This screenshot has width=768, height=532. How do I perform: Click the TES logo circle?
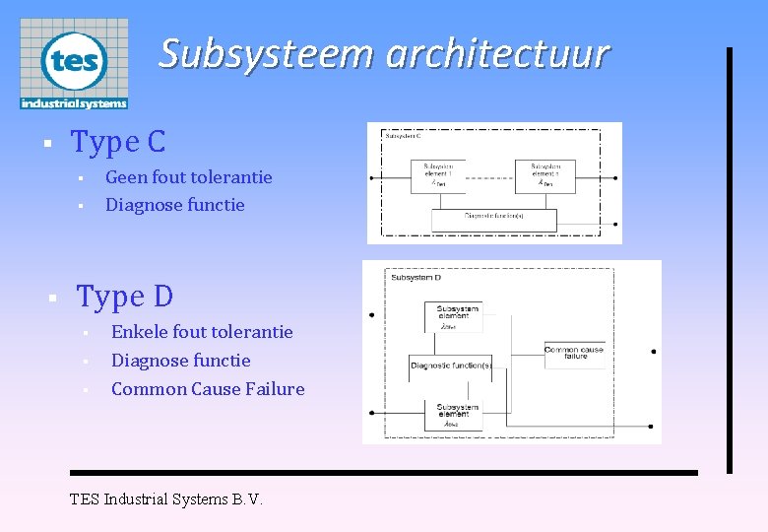pos(74,60)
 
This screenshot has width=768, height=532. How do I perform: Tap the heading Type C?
pos(118,142)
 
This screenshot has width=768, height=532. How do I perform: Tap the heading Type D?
pos(125,296)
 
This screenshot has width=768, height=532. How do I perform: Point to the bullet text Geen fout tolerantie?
pos(188,177)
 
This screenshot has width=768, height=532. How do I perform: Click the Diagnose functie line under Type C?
pos(174,205)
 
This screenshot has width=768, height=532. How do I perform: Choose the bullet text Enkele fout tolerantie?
pos(202,332)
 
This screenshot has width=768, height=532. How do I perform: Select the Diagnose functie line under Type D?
pos(180,361)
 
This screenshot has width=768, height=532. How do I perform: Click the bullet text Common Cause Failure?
pos(208,389)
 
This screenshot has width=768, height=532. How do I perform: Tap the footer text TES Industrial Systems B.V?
pos(166,499)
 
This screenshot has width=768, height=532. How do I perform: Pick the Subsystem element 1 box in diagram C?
pos(439,174)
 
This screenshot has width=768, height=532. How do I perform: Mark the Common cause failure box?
pos(575,353)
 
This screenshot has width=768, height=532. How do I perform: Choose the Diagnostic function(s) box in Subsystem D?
pos(452,366)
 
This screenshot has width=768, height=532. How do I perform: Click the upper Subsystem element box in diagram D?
pos(454,316)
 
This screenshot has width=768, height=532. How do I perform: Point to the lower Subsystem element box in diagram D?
pos(454,415)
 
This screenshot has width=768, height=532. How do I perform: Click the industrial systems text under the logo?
pos(74,102)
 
